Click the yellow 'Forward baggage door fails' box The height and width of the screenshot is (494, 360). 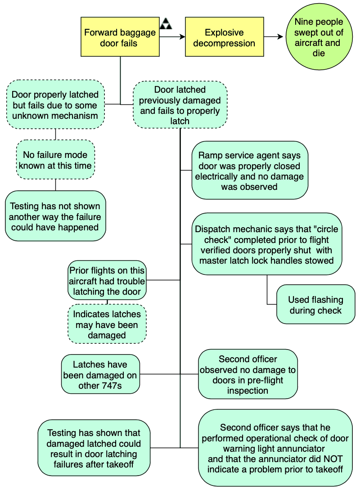[120, 37]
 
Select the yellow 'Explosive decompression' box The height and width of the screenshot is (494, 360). [224, 37]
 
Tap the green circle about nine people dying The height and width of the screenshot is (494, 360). [319, 38]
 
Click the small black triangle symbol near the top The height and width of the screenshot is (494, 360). [166, 24]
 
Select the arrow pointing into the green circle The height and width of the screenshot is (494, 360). [274, 37]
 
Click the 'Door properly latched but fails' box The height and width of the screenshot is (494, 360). [55, 105]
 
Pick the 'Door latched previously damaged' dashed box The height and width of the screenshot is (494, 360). [180, 105]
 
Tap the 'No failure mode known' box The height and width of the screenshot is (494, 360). [55, 160]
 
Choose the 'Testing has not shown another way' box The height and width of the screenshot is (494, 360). [55, 216]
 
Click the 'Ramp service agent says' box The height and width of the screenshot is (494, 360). [249, 171]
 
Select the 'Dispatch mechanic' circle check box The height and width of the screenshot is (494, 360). [266, 244]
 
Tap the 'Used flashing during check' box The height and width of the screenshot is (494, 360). [315, 305]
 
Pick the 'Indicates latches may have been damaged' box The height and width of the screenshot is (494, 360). [107, 324]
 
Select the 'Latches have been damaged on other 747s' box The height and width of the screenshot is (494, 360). [100, 374]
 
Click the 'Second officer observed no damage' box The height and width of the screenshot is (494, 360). [247, 374]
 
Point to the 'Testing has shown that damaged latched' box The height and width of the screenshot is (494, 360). [94, 448]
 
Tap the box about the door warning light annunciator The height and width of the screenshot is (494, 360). [275, 448]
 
